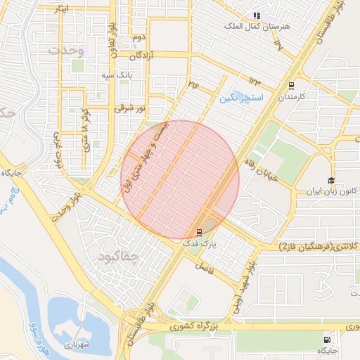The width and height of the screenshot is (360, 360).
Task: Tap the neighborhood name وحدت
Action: [67, 51]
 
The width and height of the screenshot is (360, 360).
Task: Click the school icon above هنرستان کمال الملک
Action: [257, 15]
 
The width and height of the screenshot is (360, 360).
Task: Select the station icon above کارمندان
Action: [291, 86]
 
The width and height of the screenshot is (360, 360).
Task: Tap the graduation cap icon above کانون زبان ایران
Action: [330, 180]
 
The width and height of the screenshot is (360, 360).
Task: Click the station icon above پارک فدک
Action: [199, 232]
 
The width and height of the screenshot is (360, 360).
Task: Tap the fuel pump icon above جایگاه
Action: [326, 339]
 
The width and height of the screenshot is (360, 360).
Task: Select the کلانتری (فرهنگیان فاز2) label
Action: [320, 245]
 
